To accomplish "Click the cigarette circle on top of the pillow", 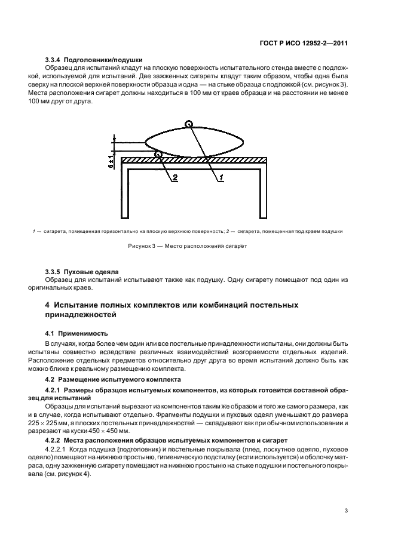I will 189,125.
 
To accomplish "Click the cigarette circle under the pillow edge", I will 158,155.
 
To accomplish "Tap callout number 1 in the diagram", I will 220,178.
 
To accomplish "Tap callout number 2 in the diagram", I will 175,178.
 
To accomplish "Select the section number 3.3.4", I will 55,60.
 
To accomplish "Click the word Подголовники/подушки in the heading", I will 105,60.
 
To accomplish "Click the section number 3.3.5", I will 55,271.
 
